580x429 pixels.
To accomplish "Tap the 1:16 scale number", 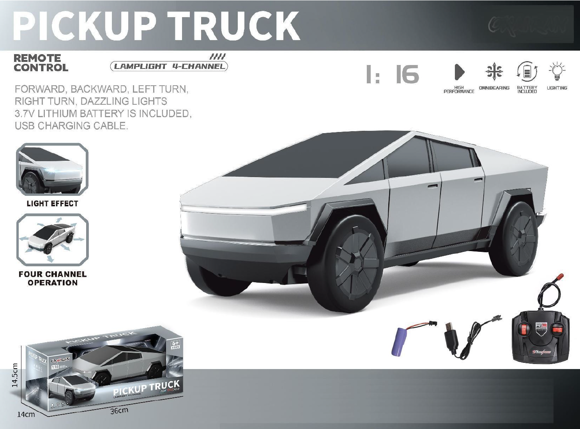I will click(393, 74).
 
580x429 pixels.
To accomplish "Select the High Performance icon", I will click(459, 72).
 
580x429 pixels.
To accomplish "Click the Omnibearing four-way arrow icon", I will click(494, 72).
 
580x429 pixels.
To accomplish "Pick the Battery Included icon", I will click(527, 72).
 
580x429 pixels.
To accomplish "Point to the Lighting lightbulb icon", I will click(557, 71).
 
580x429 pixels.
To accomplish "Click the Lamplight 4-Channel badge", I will click(169, 66).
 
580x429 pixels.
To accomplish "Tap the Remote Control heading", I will click(41, 63).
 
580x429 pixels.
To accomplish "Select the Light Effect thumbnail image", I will click(52, 170).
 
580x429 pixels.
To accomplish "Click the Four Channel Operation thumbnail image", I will click(52, 239).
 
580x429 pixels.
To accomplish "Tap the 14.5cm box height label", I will click(15, 375).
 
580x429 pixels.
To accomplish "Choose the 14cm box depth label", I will click(26, 414).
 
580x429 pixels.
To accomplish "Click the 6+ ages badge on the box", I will click(175, 344).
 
